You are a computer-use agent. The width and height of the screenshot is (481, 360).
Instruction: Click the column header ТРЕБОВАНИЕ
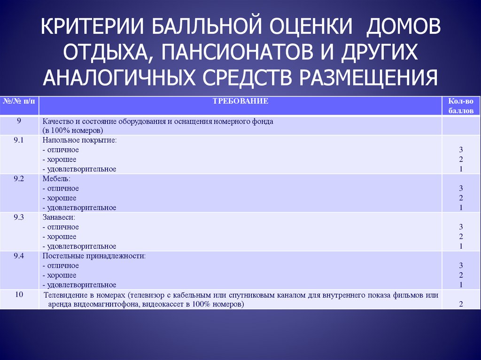click(x=240, y=101)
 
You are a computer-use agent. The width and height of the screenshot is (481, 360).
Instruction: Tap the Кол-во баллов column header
click(x=461, y=106)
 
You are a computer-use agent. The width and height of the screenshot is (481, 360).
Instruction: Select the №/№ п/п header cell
click(x=19, y=101)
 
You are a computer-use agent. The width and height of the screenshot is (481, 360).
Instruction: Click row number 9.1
click(x=19, y=140)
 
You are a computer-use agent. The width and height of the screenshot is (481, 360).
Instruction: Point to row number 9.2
click(x=19, y=178)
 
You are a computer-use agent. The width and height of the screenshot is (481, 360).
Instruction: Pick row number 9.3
click(x=19, y=217)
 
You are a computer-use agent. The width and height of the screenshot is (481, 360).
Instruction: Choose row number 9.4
click(x=19, y=256)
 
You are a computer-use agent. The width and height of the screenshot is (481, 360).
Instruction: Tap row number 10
click(x=19, y=294)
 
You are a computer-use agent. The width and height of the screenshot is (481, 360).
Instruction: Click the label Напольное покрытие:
click(x=80, y=140)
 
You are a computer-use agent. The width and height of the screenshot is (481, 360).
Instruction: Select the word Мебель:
click(x=56, y=179)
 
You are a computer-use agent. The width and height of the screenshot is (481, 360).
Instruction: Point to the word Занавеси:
click(x=59, y=217)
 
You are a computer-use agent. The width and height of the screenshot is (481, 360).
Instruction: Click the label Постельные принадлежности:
click(x=94, y=256)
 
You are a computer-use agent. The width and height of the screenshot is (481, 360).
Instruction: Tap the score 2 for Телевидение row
click(x=461, y=304)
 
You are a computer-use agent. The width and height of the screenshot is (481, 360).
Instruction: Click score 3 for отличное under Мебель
click(x=461, y=188)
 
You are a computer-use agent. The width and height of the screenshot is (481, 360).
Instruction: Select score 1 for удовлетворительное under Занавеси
click(x=461, y=246)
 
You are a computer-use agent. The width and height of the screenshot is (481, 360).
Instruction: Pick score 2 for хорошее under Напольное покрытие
click(x=461, y=160)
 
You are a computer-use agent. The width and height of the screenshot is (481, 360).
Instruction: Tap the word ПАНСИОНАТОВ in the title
click(x=237, y=52)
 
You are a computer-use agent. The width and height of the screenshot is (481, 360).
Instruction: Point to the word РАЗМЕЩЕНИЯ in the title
click(x=368, y=77)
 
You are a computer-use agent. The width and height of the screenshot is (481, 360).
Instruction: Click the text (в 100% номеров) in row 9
click(x=73, y=130)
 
